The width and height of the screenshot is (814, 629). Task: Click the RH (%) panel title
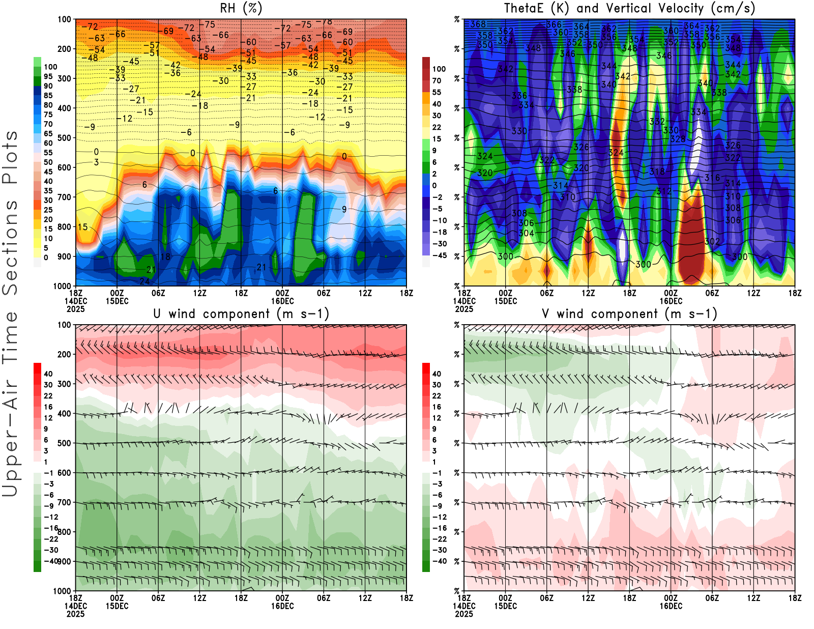pos(241,9)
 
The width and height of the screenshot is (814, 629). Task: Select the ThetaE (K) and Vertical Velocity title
pos(629,9)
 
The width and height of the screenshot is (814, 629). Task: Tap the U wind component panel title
pos(241,314)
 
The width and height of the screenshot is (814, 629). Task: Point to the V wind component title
pos(629,314)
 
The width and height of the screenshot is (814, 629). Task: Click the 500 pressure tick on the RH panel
pos(64,138)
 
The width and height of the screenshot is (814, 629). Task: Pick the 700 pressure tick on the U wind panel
pos(64,502)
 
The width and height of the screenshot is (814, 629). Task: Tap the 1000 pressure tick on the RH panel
pos(62,286)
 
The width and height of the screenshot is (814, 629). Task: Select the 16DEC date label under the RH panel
pos(282,301)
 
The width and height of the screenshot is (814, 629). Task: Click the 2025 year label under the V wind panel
pos(464,614)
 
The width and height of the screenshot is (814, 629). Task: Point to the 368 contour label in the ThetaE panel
pos(478,24)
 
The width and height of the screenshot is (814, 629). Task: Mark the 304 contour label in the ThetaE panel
pos(526,233)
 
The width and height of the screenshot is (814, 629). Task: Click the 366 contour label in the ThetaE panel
pos(554,24)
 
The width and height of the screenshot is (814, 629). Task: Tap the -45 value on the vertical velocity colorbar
pos(440,255)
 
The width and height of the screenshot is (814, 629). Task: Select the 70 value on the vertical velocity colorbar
pos(437,80)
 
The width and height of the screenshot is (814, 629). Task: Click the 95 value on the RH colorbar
pos(48,76)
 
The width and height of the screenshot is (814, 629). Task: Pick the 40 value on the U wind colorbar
pos(48,374)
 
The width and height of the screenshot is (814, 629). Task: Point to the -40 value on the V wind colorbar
pos(440,561)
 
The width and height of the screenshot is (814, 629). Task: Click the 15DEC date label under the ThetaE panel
pos(505,301)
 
